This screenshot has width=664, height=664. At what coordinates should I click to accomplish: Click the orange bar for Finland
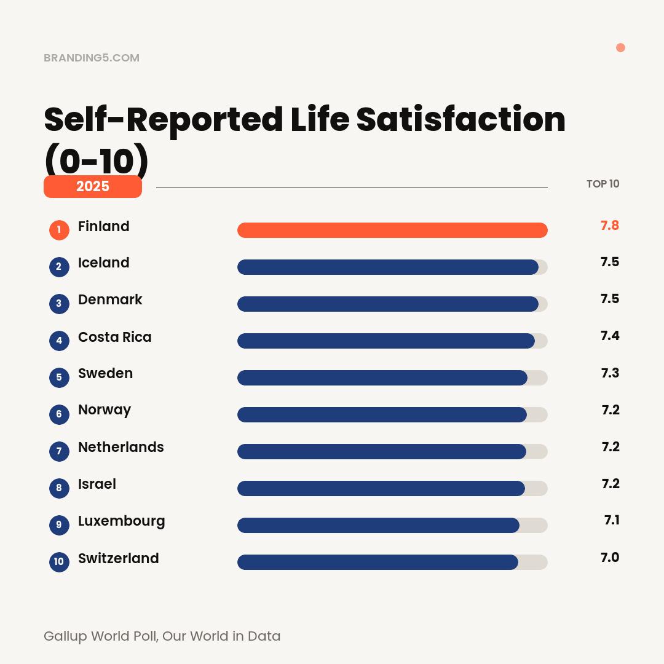392,230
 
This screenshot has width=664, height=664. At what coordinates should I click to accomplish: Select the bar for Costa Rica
385,341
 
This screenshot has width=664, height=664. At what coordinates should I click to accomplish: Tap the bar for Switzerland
377,562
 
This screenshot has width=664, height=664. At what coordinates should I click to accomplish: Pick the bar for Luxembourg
378,525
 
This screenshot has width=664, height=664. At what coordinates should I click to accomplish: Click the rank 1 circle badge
59,230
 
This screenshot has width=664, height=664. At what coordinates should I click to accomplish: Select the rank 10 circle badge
59,561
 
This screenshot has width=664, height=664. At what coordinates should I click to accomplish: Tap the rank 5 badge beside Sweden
59,377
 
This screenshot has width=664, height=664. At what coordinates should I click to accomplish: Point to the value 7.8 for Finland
609,226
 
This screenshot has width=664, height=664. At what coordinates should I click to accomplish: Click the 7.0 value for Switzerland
609,558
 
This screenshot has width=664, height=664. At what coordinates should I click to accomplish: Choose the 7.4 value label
609,336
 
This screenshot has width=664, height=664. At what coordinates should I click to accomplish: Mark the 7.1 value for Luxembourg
611,520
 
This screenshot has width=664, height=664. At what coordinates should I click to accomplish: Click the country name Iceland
103,263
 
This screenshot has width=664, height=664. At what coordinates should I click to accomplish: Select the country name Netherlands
121,447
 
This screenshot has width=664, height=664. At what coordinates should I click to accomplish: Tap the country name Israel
97,484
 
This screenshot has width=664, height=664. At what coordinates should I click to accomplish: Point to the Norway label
104,410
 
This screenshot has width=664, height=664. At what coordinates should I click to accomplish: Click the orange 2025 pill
93,186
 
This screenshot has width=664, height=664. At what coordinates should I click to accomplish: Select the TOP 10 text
603,184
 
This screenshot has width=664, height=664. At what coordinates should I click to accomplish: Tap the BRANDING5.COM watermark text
92,58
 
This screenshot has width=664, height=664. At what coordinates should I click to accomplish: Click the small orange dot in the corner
620,48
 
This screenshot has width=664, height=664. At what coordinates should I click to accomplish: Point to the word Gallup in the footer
65,636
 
